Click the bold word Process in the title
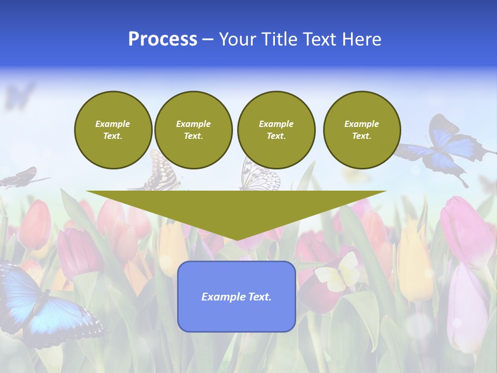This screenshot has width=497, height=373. pos(163,39)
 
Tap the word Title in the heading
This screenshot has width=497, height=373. pos(277,39)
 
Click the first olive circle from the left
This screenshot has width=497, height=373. pos(113,130)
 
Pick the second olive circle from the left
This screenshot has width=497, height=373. pos(194,130)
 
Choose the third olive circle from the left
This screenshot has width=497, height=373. pos(276,130)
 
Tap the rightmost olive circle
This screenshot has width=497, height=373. pos(362,130)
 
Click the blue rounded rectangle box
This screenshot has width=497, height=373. pos(237,316)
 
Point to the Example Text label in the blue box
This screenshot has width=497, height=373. pos(237,297)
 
